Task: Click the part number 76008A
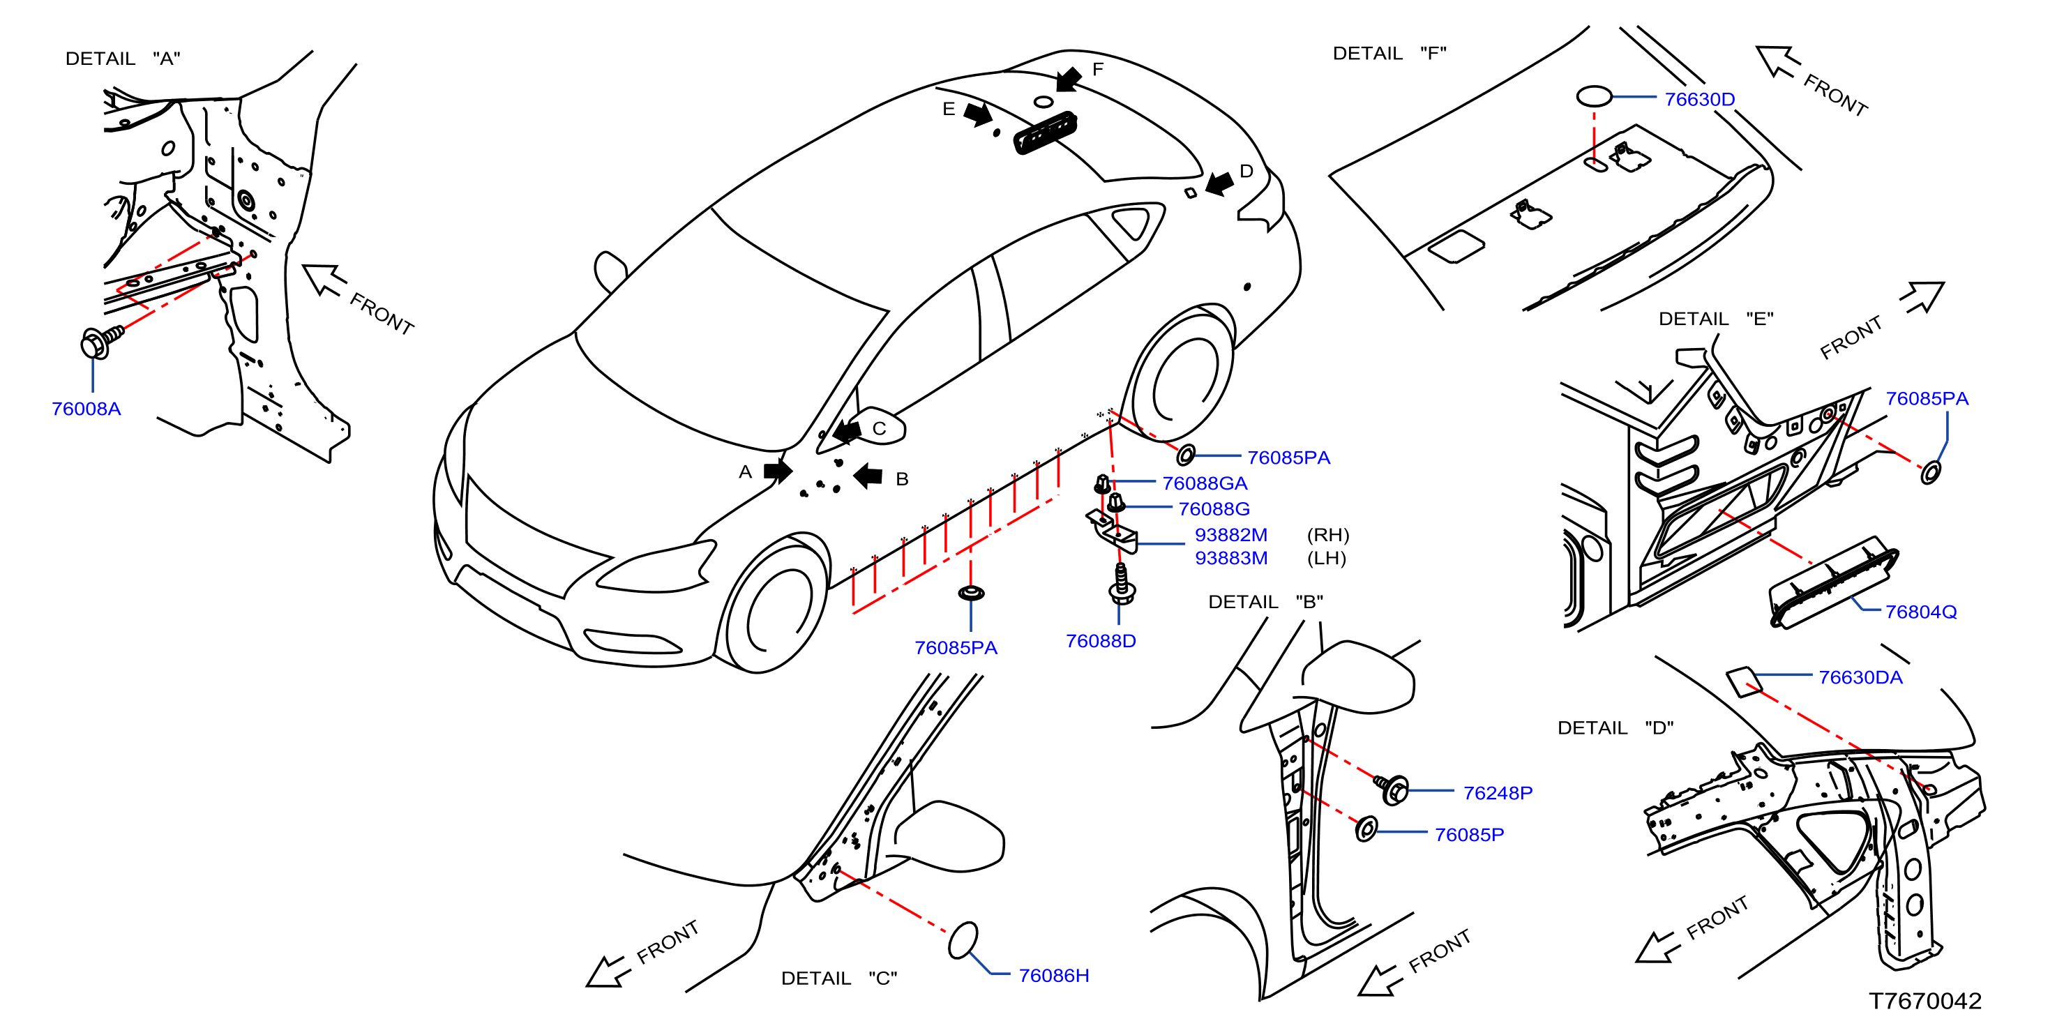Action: [x=86, y=409]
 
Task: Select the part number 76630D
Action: [x=1699, y=99]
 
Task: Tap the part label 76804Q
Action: [x=1920, y=612]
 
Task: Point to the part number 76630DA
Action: [x=1860, y=678]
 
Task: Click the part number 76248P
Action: [x=1498, y=793]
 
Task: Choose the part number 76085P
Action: [x=1469, y=835]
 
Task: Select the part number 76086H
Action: [x=1054, y=976]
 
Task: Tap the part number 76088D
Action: [x=1101, y=641]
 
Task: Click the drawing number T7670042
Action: [x=1924, y=1002]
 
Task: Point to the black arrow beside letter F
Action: [x=1068, y=79]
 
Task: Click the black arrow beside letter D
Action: [x=1219, y=183]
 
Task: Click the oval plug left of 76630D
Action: [x=1594, y=97]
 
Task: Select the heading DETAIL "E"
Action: [x=1715, y=319]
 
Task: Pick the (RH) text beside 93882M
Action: [x=1327, y=535]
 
